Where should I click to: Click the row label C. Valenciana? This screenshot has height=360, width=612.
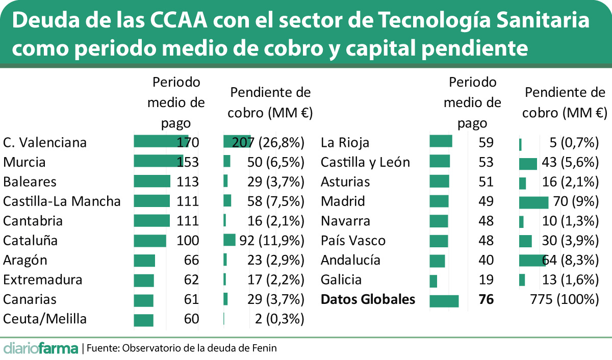point(45,142)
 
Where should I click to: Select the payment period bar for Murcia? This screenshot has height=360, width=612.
point(158,161)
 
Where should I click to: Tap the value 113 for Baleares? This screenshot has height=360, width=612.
point(187,182)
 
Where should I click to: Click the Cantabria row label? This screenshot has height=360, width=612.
point(33,221)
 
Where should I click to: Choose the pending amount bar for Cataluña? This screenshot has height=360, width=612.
point(229,240)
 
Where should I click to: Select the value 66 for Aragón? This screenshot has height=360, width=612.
point(191,260)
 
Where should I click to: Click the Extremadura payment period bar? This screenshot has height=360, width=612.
point(144,280)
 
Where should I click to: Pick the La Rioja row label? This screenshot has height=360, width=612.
point(345,142)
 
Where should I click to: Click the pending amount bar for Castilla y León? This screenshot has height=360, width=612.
point(528,163)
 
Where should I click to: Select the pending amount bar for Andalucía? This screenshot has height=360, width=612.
point(532,261)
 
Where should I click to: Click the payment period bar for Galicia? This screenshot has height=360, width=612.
point(433,280)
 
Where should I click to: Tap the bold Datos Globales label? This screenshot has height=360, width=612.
point(368,299)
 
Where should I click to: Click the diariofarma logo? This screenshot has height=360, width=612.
point(41,349)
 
